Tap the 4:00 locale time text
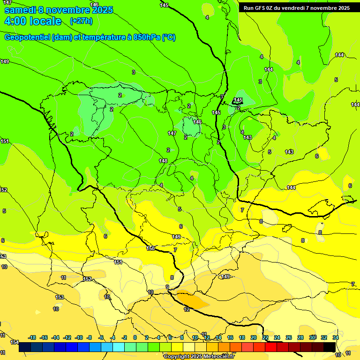[33, 21]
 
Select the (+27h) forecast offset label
[81, 21]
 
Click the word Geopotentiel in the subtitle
[26, 37]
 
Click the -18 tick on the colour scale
[32, 337]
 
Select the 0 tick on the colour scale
[135, 337]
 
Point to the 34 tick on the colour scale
[336, 337]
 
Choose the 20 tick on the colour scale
[254, 337]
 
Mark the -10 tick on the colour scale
[79, 337]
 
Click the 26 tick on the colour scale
[289, 337]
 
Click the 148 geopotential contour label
[163, 161]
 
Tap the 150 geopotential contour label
[150, 248]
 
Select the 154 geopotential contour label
[15, 342]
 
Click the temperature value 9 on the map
[167, 287]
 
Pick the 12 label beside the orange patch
[187, 309]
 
